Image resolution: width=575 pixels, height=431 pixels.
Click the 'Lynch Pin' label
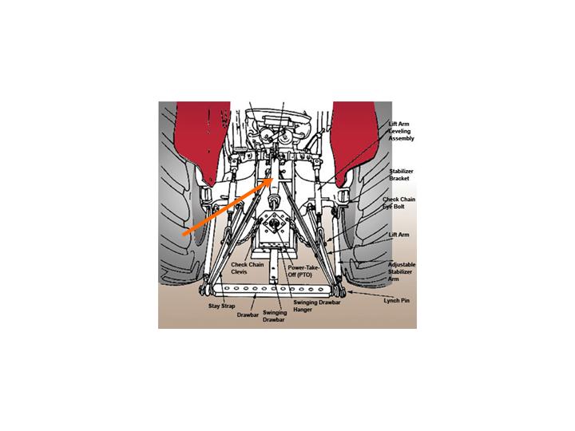tap(396, 301)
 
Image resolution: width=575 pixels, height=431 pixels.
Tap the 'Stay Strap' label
tap(221, 306)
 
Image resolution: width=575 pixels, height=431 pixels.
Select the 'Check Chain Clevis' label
tap(247, 268)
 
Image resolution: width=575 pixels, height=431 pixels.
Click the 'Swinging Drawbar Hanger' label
tap(317, 306)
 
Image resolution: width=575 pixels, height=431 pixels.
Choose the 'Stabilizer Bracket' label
tap(401, 175)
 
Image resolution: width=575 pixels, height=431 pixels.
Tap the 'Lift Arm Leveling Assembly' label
tap(401, 131)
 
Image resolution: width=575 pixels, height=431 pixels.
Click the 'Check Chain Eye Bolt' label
tap(399, 203)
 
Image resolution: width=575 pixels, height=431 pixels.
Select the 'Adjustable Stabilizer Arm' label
tap(402, 271)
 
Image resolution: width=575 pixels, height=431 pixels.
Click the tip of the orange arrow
tap(274, 179)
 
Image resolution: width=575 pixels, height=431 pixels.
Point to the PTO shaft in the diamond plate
tap(273, 224)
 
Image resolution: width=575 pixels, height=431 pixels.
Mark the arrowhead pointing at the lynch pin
tap(350, 292)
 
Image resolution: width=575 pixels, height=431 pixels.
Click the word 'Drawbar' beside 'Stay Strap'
tap(248, 314)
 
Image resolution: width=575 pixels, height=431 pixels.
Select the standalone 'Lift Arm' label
tap(399, 235)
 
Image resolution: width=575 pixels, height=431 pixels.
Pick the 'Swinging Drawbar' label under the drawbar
tap(274, 316)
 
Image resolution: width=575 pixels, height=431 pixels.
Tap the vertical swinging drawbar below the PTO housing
tap(275, 266)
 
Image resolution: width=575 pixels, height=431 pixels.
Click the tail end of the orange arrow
tap(184, 233)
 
